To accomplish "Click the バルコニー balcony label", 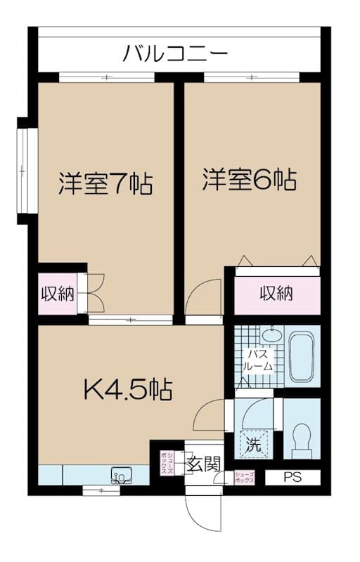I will [x=175, y=52].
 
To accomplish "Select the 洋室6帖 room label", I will [x=249, y=179].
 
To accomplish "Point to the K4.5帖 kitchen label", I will [x=129, y=388].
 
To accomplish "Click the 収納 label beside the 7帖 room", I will [x=57, y=294].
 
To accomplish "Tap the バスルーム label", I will [x=254, y=361].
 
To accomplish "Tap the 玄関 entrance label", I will [x=205, y=464].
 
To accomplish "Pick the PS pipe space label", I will [x=292, y=478].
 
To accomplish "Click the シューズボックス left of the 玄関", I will [x=168, y=463].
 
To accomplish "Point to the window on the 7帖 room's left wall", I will [x=24, y=170].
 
